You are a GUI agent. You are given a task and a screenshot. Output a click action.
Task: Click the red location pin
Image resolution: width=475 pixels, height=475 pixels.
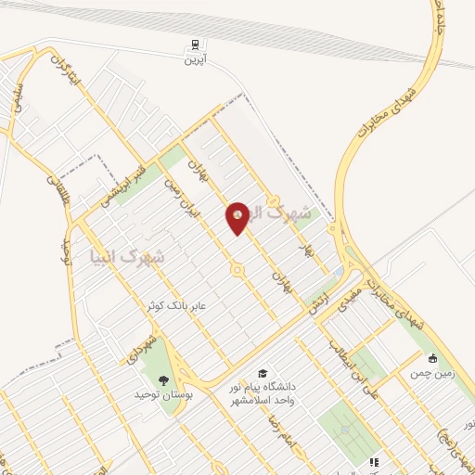[x=237, y=217]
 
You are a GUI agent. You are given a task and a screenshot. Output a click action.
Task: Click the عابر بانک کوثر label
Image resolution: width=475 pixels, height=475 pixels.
[x=179, y=304]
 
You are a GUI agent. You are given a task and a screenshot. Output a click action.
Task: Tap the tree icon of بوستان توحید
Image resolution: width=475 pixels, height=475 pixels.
[x=164, y=379]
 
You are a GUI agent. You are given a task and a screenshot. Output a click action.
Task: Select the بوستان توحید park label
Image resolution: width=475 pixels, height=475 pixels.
[x=163, y=395]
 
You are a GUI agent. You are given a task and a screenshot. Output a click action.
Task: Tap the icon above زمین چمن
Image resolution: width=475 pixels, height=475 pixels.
[x=432, y=358]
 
